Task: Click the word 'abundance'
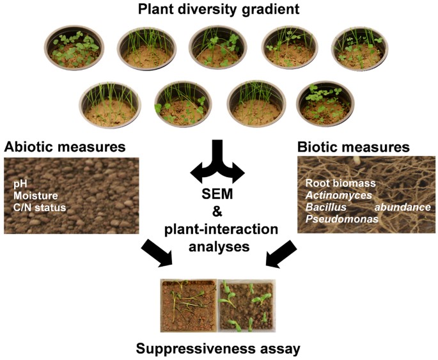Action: [x=405, y=207]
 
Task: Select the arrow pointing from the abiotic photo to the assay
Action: [x=157, y=253]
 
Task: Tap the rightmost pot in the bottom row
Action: [x=325, y=103]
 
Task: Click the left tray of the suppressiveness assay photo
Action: [x=187, y=303]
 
